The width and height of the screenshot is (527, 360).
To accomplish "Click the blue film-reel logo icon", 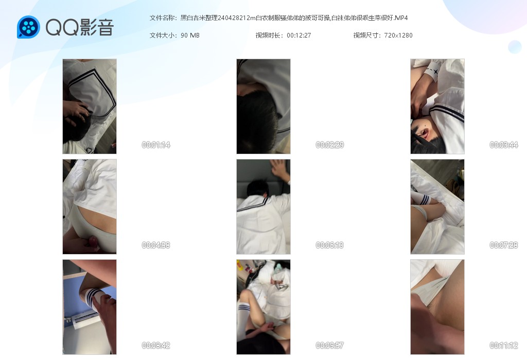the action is [x=29, y=27].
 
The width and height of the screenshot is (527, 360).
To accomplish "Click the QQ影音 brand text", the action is [x=80, y=27].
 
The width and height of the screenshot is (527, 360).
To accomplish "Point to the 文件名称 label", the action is [x=162, y=18].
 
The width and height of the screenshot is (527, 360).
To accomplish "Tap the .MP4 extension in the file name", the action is [x=400, y=18].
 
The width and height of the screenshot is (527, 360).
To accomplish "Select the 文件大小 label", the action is [x=162, y=35].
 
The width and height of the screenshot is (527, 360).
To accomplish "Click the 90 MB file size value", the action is [x=190, y=35].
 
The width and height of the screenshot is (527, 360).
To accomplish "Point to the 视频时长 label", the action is [x=268, y=35].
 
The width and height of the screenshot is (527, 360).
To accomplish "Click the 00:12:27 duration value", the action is [x=299, y=35].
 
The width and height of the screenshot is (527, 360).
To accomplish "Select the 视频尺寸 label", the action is [x=366, y=35].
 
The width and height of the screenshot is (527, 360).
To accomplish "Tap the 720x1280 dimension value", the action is [x=398, y=35].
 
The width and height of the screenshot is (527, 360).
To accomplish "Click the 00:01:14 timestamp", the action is [x=156, y=145].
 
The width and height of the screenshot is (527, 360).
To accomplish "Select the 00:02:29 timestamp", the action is [x=330, y=145].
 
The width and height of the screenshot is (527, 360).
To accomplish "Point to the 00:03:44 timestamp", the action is [x=504, y=145].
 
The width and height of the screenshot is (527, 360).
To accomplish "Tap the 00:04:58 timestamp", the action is [x=156, y=245].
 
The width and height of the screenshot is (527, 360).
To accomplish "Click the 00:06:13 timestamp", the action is [x=330, y=245].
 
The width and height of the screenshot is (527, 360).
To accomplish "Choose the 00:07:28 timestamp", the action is [x=504, y=245].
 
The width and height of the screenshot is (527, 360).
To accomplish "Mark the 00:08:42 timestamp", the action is [x=156, y=345].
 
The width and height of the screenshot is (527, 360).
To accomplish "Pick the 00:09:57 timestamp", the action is [x=330, y=345].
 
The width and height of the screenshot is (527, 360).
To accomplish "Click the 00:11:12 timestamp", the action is [x=504, y=345].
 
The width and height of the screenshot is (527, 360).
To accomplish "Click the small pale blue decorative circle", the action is [x=515, y=47].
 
